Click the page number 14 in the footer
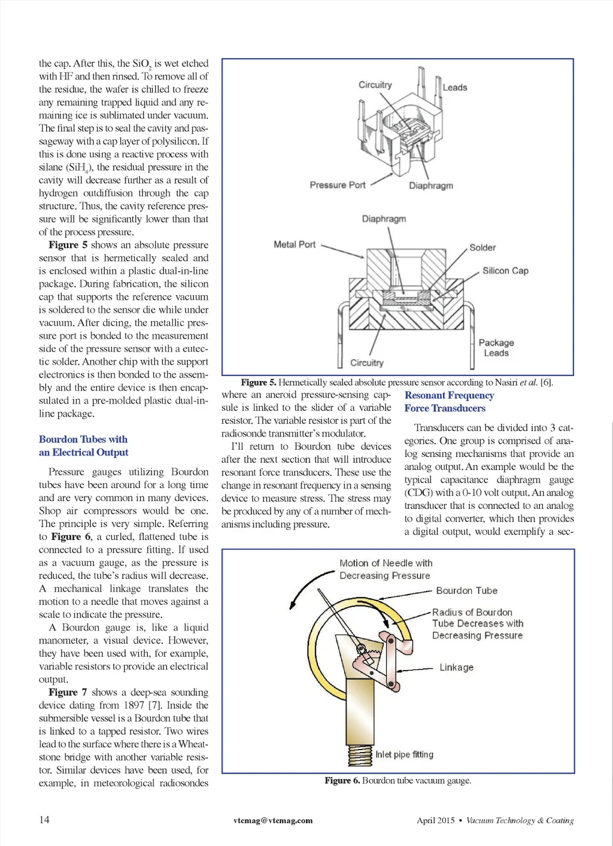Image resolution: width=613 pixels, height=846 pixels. pos(44,820)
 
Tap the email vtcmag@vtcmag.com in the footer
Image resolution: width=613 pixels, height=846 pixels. pos(273,820)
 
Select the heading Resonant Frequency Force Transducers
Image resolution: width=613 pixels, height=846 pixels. pos(449,402)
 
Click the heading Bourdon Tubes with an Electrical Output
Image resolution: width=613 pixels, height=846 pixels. pos(83,446)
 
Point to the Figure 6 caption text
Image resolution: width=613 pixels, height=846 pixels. pos(397,780)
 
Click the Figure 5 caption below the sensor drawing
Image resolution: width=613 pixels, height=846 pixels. pos(397,382)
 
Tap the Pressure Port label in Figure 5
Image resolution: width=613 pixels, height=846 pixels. pos(337,185)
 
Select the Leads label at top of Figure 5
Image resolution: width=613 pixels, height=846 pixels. pos(455,87)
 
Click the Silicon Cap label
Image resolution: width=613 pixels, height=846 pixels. pos(505,271)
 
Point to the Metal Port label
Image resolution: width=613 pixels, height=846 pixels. pos(295,244)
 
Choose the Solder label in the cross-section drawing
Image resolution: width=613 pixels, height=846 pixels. pos(482,248)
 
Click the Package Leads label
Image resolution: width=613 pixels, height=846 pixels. pos(496,348)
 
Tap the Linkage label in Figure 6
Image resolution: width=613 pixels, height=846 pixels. pos(456,667)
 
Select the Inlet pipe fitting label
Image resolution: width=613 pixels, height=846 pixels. pos(404,754)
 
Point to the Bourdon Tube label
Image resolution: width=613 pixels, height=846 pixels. pos(466,590)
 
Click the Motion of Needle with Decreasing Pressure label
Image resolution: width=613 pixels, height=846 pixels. pos(386,569)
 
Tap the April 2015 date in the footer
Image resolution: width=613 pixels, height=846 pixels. pos(435,820)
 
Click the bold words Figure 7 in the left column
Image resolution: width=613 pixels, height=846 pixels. pos(68,692)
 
